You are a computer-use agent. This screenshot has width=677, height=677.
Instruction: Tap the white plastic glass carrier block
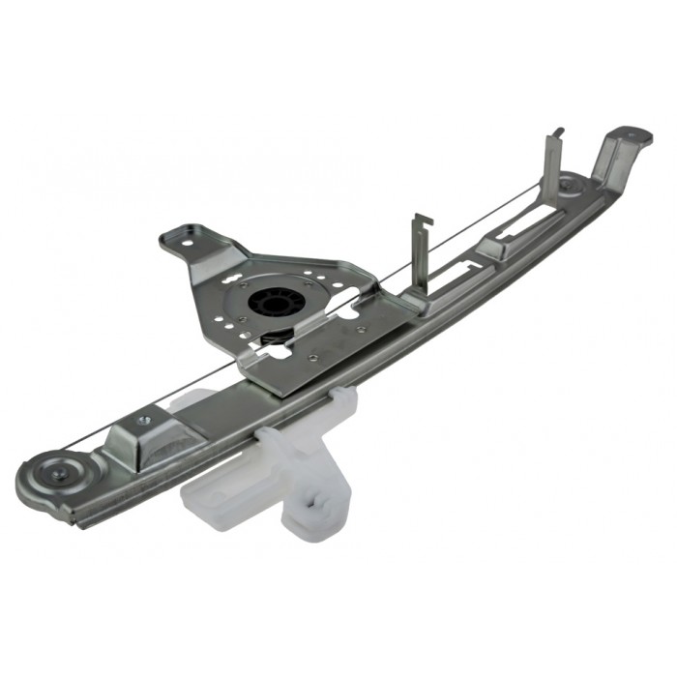232,493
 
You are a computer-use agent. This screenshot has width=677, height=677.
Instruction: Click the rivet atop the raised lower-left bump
144,421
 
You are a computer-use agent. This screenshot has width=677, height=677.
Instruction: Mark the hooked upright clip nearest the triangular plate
421,253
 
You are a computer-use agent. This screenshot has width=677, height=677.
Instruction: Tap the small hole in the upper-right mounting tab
637,134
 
